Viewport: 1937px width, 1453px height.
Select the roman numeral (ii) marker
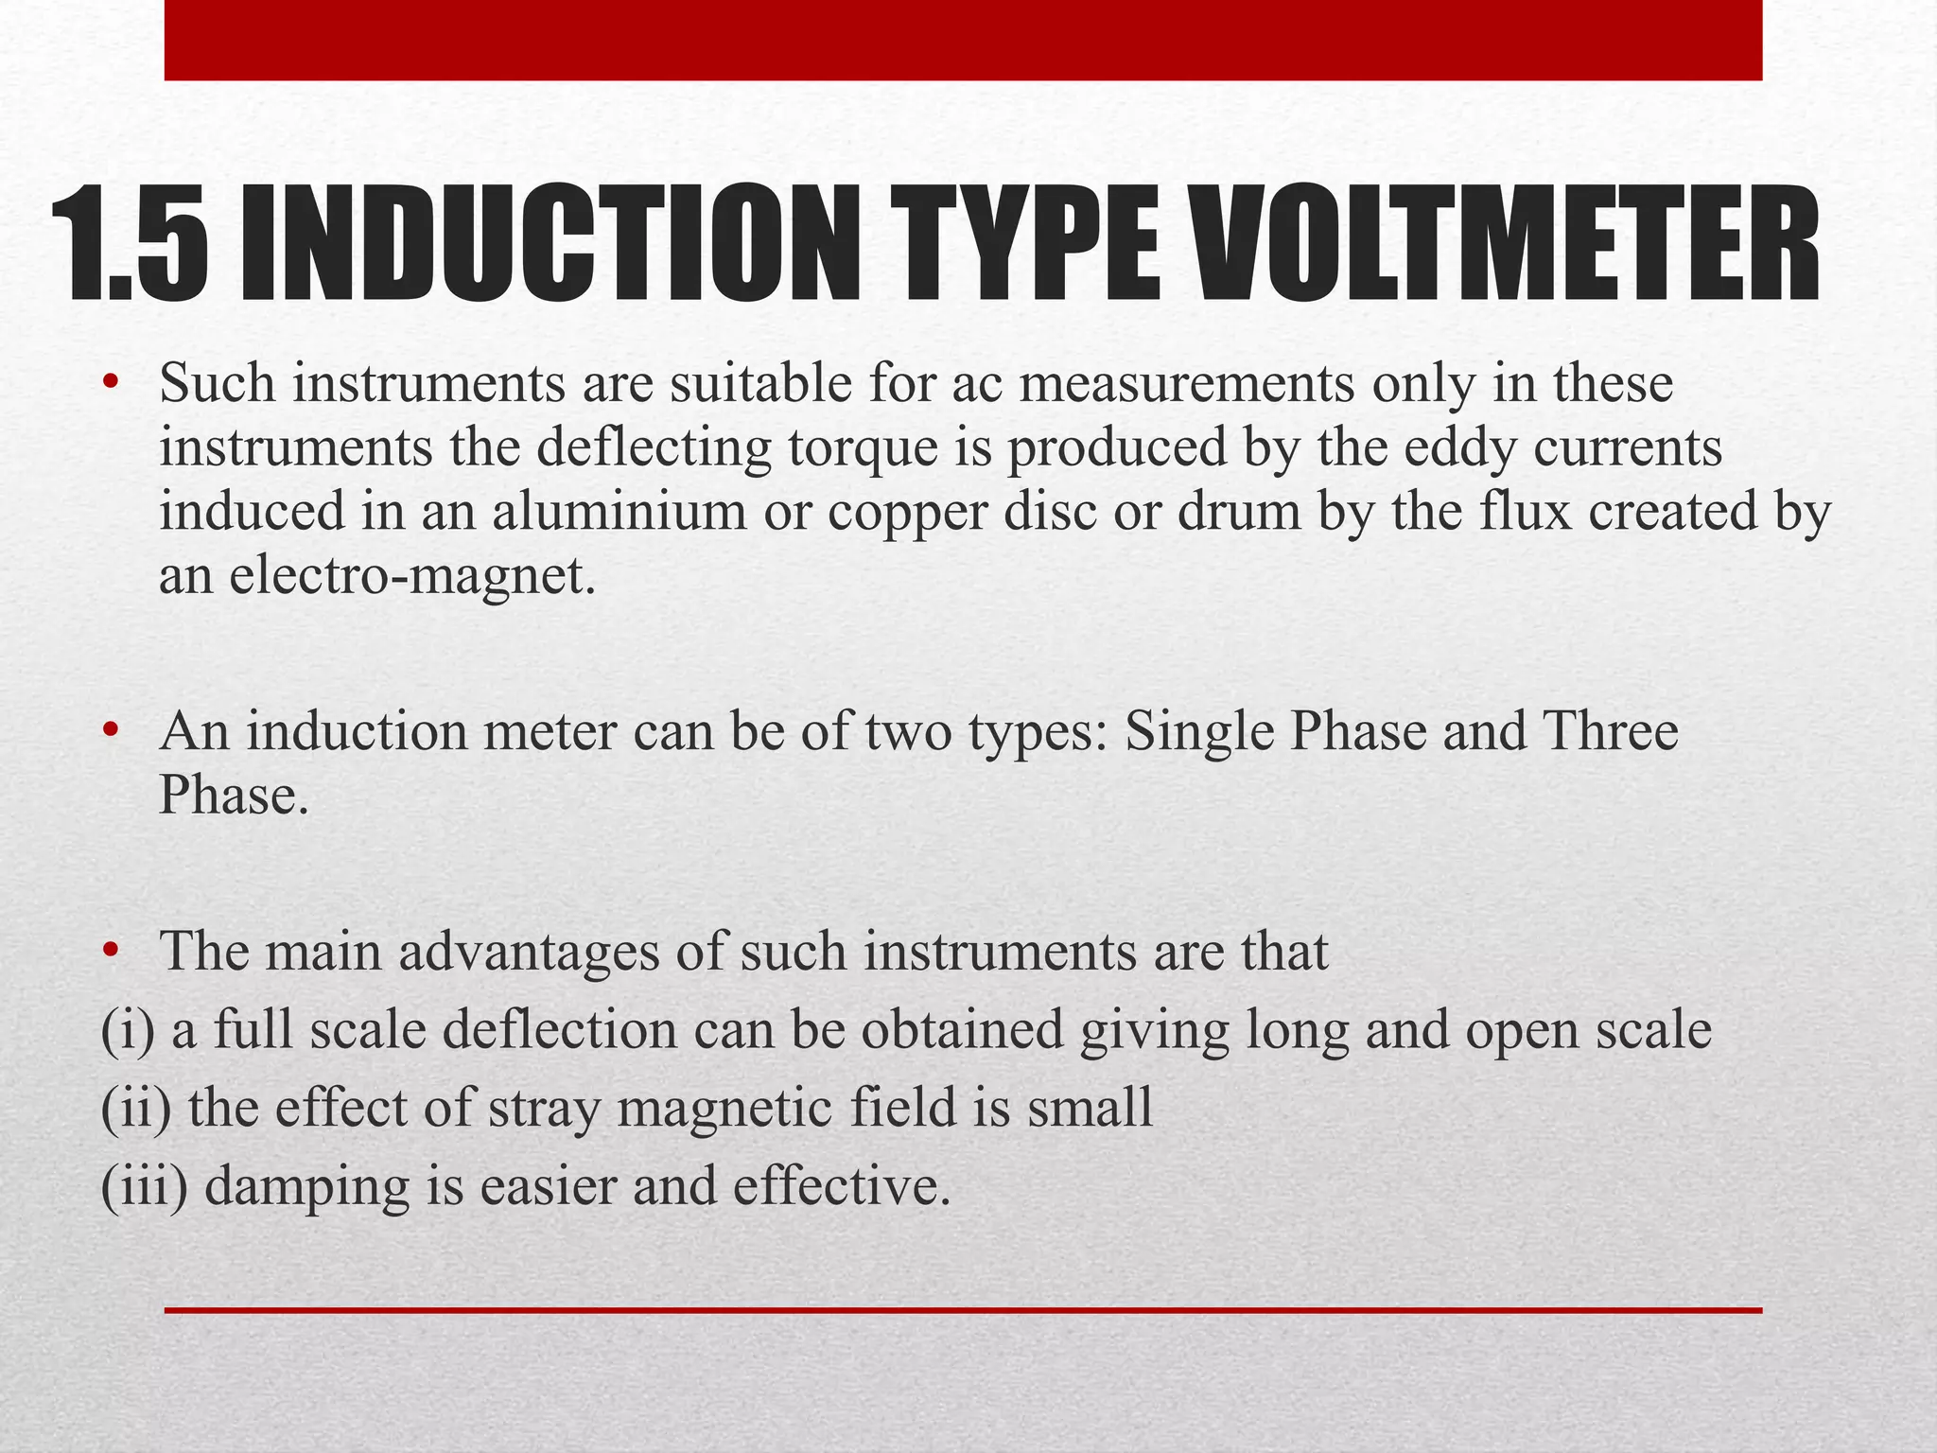(x=136, y=1108)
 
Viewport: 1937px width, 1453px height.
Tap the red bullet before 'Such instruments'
(x=111, y=382)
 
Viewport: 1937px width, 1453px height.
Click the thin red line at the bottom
(x=963, y=1310)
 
